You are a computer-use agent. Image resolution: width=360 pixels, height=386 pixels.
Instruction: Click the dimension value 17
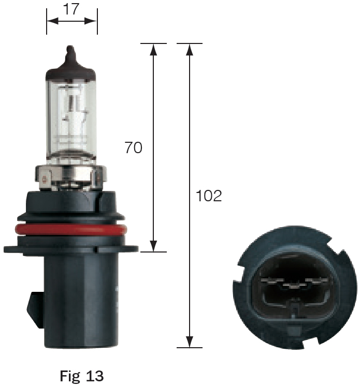(x=71, y=9)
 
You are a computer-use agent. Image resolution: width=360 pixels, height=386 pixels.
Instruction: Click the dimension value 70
(x=133, y=147)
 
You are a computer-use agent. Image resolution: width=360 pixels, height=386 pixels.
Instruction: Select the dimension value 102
(x=209, y=196)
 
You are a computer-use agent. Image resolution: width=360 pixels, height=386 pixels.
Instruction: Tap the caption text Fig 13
(x=82, y=375)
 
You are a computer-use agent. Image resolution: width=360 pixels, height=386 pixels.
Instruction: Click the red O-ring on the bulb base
(x=71, y=229)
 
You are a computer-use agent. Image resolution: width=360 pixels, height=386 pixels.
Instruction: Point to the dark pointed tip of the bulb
(x=71, y=54)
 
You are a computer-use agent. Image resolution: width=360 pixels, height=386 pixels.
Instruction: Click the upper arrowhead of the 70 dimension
(x=153, y=50)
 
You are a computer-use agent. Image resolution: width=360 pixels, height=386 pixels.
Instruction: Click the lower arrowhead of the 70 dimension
(x=153, y=246)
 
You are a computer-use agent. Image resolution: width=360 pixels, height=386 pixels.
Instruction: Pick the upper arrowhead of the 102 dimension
(x=190, y=50)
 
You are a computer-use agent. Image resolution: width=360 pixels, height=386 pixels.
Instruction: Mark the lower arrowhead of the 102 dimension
(x=190, y=342)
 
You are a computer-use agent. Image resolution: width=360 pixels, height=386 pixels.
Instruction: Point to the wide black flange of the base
(x=71, y=249)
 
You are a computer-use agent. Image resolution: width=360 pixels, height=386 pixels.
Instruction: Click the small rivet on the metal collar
(x=46, y=181)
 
